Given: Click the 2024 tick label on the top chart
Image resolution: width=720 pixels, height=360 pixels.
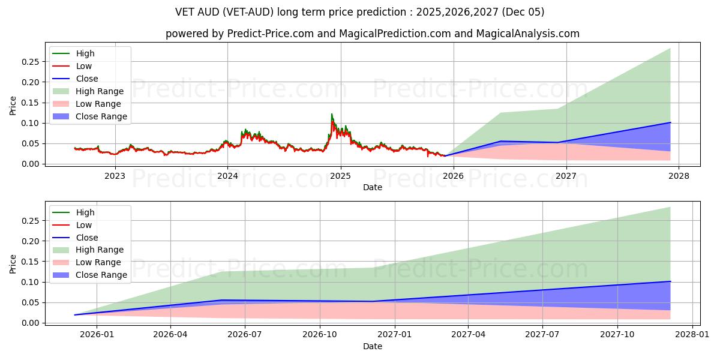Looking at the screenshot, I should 227,176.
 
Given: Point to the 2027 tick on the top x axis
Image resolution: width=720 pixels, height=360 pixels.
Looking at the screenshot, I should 566,176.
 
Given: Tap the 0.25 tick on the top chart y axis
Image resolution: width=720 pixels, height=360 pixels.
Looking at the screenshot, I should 31,62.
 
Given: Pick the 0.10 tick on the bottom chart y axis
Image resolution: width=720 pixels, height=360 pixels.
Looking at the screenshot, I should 31,282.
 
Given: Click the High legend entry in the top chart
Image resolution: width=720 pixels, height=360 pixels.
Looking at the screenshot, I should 85,53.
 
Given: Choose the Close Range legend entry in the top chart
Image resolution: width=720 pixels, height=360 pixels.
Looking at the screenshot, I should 101,116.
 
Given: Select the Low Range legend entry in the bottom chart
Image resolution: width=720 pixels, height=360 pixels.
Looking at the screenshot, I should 98,262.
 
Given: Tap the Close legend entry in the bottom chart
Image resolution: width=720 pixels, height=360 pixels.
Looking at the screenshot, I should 86,237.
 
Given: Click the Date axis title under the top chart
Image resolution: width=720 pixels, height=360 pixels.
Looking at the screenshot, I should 372,187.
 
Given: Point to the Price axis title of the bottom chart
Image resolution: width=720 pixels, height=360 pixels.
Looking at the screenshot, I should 13,263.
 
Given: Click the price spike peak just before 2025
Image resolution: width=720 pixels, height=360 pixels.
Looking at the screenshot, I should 331,114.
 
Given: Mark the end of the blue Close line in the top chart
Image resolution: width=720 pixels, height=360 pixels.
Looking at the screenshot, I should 670,122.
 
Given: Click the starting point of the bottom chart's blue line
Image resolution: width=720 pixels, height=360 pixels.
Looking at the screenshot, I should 75,314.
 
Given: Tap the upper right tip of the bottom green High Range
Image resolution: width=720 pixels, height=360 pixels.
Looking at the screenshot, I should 670,207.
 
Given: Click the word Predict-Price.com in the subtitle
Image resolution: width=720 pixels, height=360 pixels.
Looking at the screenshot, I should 271,34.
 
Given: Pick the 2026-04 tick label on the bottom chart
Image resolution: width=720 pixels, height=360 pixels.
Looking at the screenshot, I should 170,335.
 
